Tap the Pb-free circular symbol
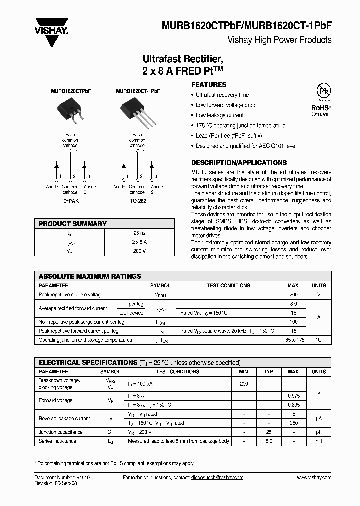coord(324,92)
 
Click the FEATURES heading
coord(209,85)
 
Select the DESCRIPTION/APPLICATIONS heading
coord(239,163)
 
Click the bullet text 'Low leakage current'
coord(219,115)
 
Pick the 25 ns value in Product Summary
coord(139,233)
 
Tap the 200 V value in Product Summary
coord(139,251)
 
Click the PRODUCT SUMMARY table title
coord(72,224)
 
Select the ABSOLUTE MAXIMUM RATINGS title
coord(90,276)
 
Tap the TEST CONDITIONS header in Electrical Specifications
coord(177,372)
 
